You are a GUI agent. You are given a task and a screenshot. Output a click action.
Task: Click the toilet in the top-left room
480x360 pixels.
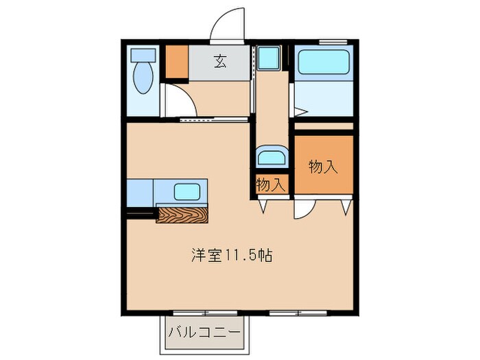click(143, 76)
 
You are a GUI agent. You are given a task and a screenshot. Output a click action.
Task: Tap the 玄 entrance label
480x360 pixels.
click(219, 62)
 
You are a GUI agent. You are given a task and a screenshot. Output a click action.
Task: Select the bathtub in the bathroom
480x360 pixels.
click(324, 64)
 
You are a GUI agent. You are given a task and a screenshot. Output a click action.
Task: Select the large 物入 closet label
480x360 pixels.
click(324, 166)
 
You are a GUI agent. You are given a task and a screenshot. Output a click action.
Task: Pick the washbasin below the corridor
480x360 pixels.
click(271, 158)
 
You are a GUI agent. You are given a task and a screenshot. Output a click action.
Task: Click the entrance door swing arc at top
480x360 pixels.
click(226, 24)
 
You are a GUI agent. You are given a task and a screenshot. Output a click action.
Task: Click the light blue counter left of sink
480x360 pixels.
click(140, 192)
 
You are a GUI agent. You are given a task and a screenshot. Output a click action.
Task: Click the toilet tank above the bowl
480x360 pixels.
click(143, 55)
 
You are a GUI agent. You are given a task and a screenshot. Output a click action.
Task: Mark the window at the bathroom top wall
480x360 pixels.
click(333, 43)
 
